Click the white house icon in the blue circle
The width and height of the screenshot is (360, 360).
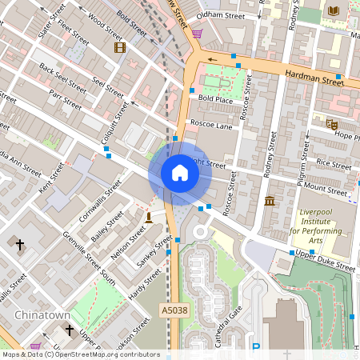pyautogui.click(x=180, y=173)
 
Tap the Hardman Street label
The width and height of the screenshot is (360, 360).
pyautogui.click(x=313, y=77)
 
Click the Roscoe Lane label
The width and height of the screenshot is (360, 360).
pyautogui.click(x=210, y=125)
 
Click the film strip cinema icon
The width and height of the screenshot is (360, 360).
pyautogui.click(x=120, y=47)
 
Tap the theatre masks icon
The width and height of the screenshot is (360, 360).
pyautogui.click(x=331, y=124)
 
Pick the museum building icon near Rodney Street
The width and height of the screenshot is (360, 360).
pyautogui.click(x=270, y=199)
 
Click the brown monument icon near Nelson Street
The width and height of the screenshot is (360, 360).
pyautogui.click(x=148, y=218)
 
